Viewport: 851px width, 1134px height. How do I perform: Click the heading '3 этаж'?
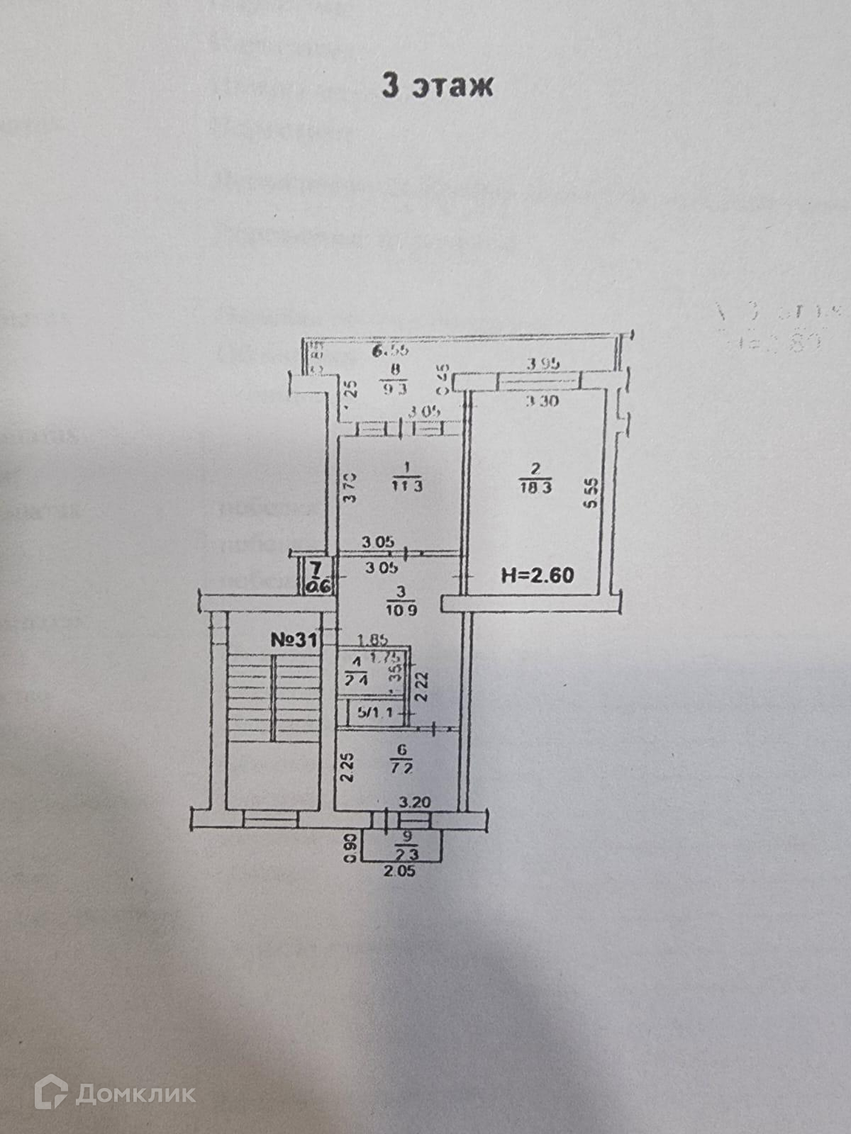click(x=437, y=85)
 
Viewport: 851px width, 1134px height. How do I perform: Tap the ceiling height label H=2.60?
click(x=537, y=574)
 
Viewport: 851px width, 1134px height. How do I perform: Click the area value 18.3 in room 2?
click(x=535, y=488)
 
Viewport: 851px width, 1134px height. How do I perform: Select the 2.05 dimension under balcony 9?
click(x=401, y=872)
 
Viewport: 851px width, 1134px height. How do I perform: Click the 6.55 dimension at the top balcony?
click(x=391, y=350)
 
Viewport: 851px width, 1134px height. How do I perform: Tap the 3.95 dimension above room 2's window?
click(x=543, y=364)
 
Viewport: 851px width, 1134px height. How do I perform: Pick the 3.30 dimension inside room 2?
click(x=543, y=400)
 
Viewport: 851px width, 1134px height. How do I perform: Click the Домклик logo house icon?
click(x=51, y=1092)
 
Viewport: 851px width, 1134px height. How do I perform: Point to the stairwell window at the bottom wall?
click(x=270, y=819)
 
